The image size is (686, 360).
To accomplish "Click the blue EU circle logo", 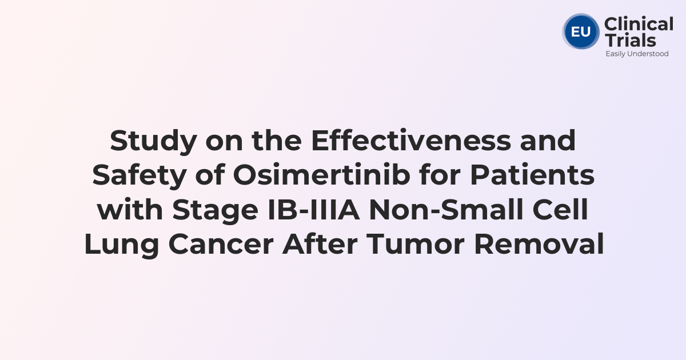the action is [x=581, y=31].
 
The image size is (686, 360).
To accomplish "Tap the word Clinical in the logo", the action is [x=639, y=24].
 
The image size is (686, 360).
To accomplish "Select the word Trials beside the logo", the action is [x=630, y=40].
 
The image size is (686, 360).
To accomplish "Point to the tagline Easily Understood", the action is [x=637, y=54].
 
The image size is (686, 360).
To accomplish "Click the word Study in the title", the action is [x=153, y=141].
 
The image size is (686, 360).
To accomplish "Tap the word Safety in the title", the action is [x=139, y=175].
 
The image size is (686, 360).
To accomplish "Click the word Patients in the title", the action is [x=532, y=175].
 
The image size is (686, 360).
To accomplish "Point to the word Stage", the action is [x=216, y=210].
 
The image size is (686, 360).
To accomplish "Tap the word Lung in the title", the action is [x=122, y=245].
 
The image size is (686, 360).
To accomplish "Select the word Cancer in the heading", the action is [x=221, y=245].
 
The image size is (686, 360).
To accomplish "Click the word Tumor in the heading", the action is [x=416, y=244].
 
